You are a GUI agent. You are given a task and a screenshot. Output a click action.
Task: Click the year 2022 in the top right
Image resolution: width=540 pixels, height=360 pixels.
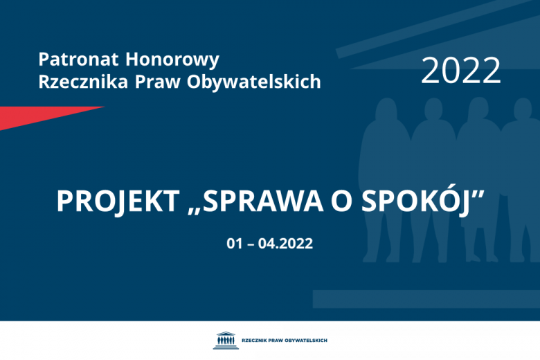click(460, 70)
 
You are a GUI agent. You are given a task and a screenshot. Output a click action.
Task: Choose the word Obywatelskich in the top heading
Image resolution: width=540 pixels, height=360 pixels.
click(253, 82)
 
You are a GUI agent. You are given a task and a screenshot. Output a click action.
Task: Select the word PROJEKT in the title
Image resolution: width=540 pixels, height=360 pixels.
click(116, 201)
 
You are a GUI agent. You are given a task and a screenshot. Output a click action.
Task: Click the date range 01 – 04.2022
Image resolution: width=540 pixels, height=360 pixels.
click(269, 244)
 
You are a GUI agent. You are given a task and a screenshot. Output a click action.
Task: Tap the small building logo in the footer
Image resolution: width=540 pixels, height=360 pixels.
click(225, 340)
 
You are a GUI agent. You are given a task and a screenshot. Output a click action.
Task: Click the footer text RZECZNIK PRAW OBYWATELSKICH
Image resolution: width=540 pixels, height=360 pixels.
click(284, 341)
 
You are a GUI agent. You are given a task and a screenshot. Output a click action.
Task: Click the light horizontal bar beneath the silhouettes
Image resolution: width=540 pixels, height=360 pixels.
click(426, 298)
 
